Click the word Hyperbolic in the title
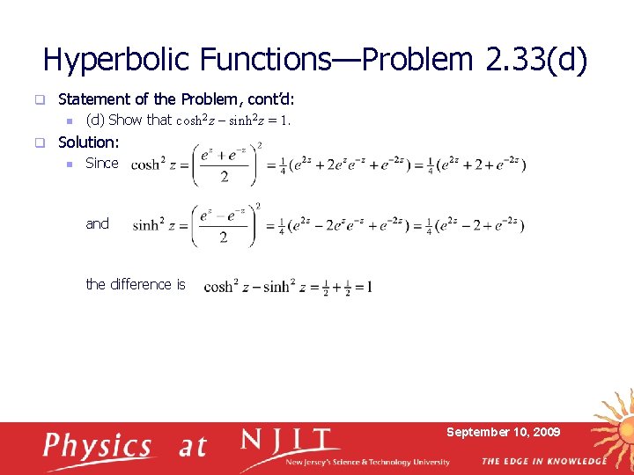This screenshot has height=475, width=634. click(x=117, y=60)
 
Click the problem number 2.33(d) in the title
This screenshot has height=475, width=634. click(x=535, y=60)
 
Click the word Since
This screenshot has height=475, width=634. click(x=101, y=163)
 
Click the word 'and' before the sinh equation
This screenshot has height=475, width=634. click(x=97, y=223)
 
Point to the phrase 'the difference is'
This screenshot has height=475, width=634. click(x=135, y=284)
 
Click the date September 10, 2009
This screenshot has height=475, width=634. click(x=503, y=432)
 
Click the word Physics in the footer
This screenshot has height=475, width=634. click(x=98, y=447)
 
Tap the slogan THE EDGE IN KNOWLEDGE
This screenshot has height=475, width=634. click(x=543, y=461)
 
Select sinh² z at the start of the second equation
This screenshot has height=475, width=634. click(x=159, y=226)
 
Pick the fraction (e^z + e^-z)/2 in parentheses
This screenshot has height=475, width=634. click(x=225, y=165)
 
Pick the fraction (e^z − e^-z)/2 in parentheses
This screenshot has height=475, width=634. click(x=225, y=226)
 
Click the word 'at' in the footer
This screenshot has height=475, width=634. click(x=192, y=447)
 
